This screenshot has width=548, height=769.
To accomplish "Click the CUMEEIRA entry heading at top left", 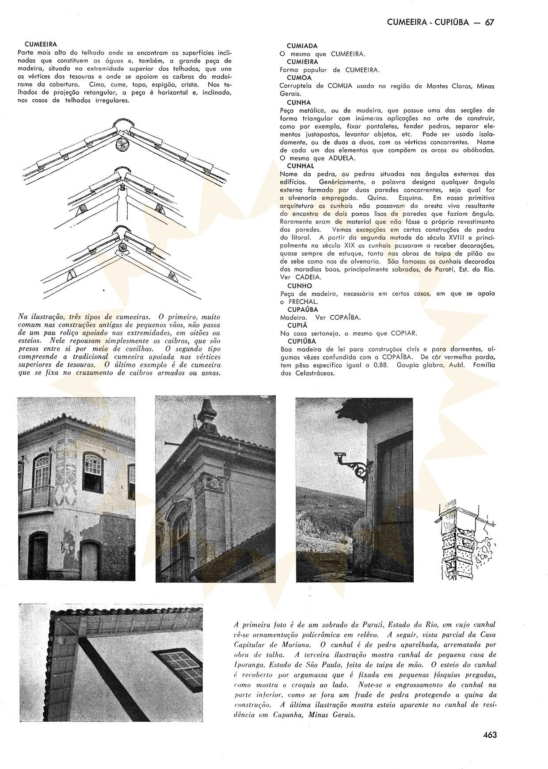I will (x=41, y=44).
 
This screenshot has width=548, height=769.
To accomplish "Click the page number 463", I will (x=490, y=735).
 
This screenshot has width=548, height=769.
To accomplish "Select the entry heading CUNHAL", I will (x=301, y=166).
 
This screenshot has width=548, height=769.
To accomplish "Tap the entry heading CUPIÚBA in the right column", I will (x=302, y=341).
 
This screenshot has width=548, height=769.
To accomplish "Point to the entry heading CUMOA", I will (x=299, y=78).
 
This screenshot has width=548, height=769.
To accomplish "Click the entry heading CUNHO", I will (x=300, y=286).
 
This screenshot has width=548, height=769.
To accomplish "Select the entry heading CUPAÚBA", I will (x=303, y=310).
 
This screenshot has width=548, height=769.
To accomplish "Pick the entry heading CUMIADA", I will (x=302, y=46).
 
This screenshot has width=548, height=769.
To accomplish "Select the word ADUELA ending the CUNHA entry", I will (x=342, y=158).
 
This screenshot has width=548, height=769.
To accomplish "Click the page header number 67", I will (x=489, y=23).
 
